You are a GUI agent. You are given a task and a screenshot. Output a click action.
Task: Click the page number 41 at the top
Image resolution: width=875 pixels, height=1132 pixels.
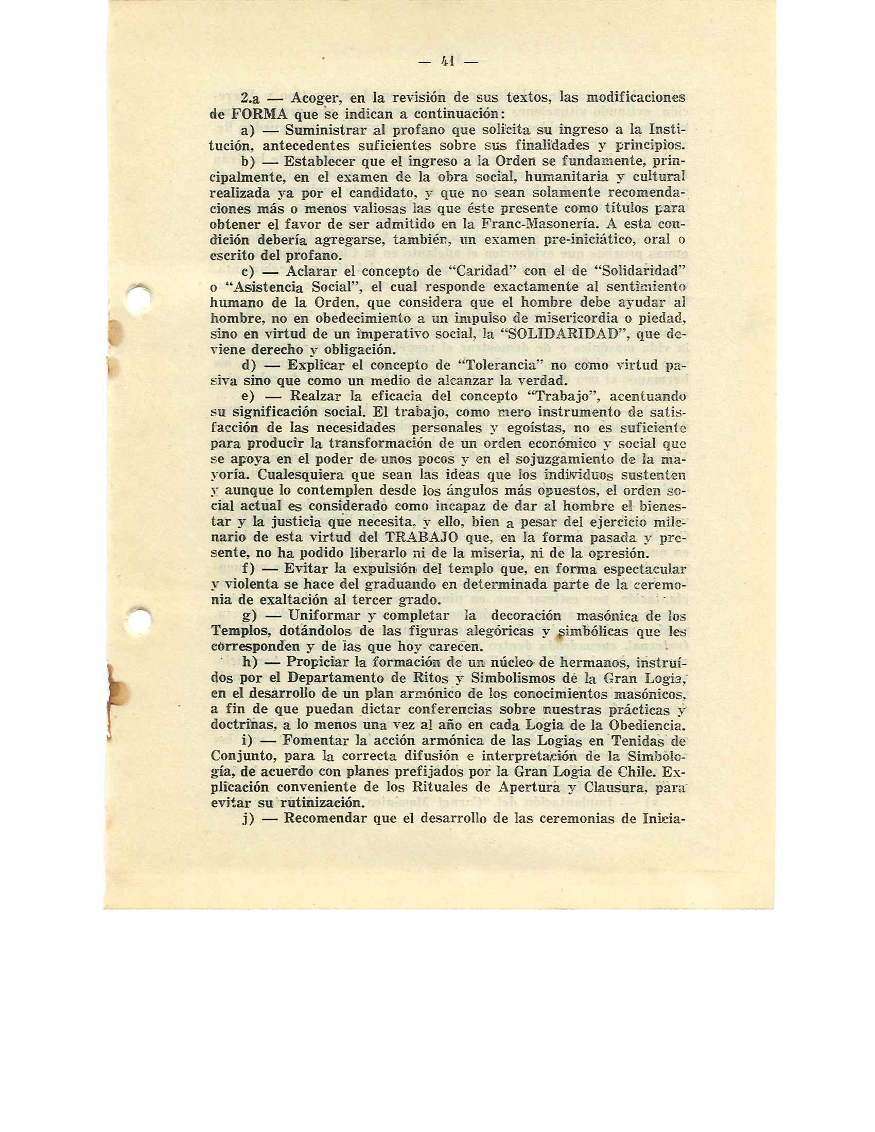click(x=447, y=62)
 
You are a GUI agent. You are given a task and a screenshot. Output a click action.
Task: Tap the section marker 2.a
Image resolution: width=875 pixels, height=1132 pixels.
click(x=250, y=98)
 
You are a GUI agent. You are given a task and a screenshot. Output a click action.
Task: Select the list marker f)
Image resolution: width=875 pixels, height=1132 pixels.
click(x=250, y=568)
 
